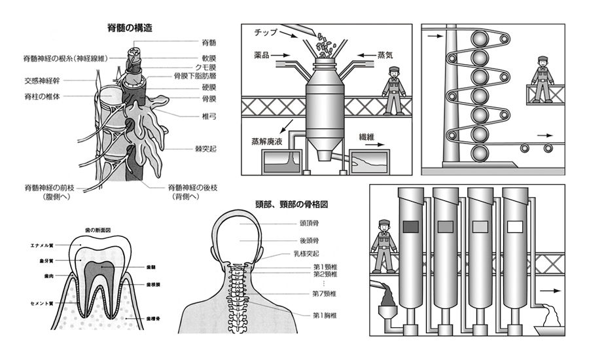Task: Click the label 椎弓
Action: pos(191,118)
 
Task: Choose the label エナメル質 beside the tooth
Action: pos(41,245)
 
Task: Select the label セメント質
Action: pos(41,304)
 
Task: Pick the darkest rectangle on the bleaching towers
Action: pos(410,226)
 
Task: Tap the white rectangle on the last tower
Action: pos(515,226)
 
